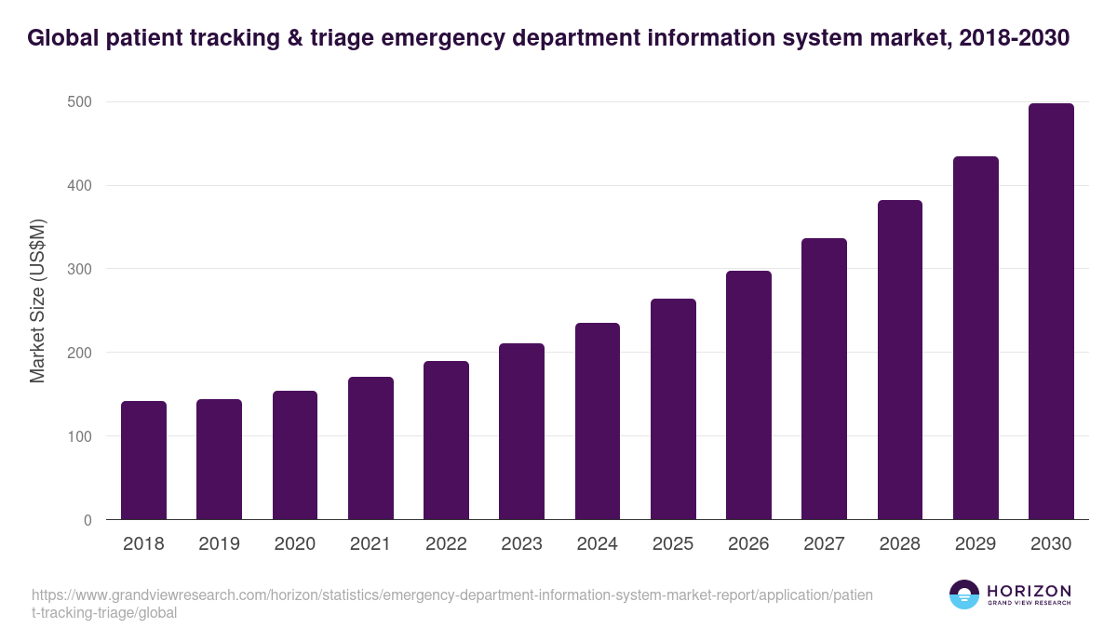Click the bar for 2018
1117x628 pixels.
pos(143,461)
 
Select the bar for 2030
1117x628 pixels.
pos(1051,312)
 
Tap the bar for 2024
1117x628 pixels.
pos(598,421)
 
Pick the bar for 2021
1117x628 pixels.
pos(370,448)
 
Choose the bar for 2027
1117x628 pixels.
pos(824,379)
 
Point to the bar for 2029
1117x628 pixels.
pos(976,338)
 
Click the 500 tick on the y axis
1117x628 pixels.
pos(80,101)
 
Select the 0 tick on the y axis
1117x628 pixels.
pos(87,520)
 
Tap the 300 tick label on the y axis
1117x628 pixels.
pos(80,269)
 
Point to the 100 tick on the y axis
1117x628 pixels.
pos(80,436)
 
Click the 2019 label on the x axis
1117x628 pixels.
pos(219,544)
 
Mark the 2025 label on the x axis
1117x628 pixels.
pos(673,544)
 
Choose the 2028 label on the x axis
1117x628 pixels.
pos(900,544)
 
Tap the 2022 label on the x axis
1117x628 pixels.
pos(446,544)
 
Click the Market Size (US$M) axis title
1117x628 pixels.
pos(37,301)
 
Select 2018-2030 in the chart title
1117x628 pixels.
pos(1011,38)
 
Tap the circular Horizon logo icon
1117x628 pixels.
pos(963,595)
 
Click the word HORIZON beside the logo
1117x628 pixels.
pos(1029,591)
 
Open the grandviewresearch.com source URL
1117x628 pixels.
pos(451,604)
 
